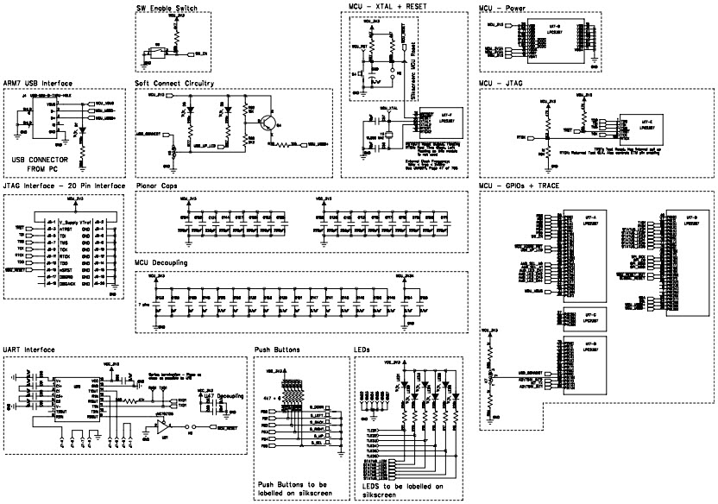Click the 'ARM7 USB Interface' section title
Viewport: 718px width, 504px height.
(x=37, y=83)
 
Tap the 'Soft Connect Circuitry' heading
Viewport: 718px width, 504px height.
(x=174, y=83)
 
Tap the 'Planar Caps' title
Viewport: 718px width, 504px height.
(x=156, y=185)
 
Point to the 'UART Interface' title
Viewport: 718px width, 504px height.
(x=29, y=350)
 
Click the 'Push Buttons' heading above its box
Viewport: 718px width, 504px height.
(x=277, y=350)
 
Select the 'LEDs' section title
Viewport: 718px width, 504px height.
(x=362, y=350)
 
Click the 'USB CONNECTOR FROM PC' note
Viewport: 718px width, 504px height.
(x=39, y=165)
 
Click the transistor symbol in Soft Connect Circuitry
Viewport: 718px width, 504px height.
(x=269, y=124)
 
